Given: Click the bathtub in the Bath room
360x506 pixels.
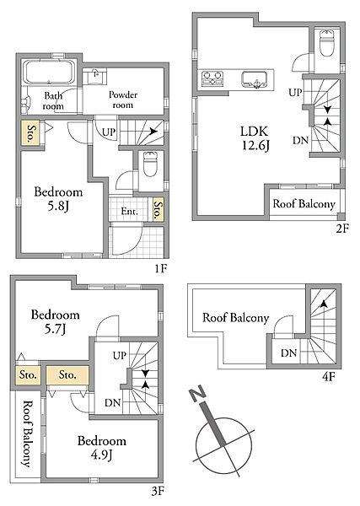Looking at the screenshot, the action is (50, 72).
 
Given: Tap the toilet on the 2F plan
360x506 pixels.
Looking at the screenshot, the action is (327, 43).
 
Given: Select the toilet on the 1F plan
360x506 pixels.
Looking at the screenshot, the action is (150, 164).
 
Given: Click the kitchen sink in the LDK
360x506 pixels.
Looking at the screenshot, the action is (255, 79).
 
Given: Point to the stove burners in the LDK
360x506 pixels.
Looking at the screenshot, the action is (212, 78).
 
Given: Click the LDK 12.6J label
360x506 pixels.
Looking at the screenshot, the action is (255, 138).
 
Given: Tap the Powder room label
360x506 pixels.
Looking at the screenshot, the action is (123, 100).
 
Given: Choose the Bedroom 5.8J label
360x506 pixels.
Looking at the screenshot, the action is (58, 199).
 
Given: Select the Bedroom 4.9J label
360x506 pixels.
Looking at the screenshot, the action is (102, 448).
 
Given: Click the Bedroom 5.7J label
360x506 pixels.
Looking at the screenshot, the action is (55, 321).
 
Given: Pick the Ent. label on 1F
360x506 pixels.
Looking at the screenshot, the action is (129, 212).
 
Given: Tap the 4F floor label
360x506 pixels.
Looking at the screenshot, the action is (329, 377).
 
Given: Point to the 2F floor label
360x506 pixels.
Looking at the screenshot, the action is (342, 229).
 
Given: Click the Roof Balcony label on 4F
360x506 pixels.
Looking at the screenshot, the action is (236, 318).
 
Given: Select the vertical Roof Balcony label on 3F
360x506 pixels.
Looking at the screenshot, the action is (28, 433).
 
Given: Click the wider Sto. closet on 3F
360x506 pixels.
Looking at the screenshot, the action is (67, 375).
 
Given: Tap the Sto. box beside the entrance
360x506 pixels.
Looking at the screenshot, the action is (158, 209).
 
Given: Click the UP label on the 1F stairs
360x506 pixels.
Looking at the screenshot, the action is (109, 132).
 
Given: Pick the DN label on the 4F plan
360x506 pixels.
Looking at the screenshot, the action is (288, 353).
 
